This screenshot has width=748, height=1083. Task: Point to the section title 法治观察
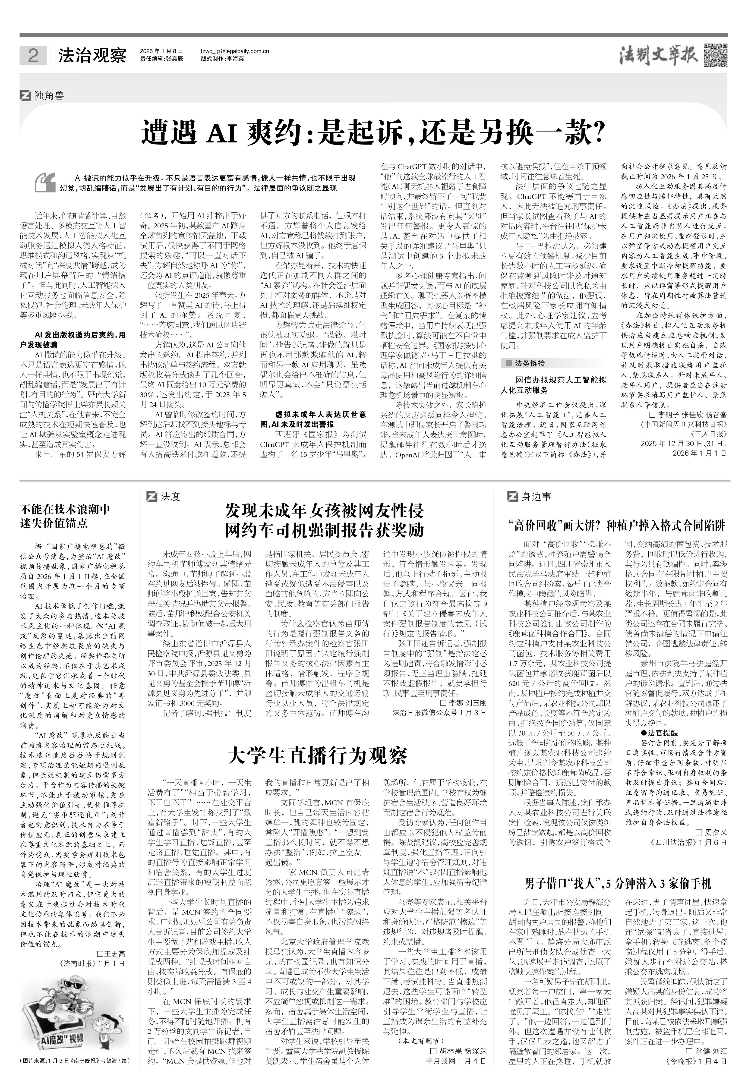click(x=92, y=56)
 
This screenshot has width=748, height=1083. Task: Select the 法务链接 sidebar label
click(x=530, y=363)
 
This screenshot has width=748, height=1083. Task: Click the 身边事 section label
click(x=536, y=497)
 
